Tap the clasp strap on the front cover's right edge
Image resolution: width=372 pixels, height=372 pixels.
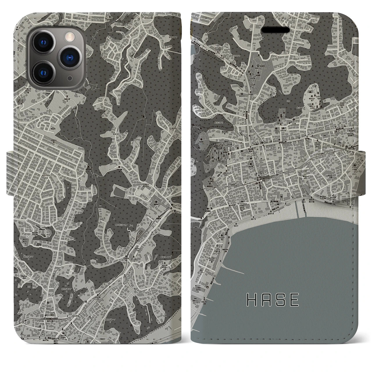[x=362, y=171]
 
